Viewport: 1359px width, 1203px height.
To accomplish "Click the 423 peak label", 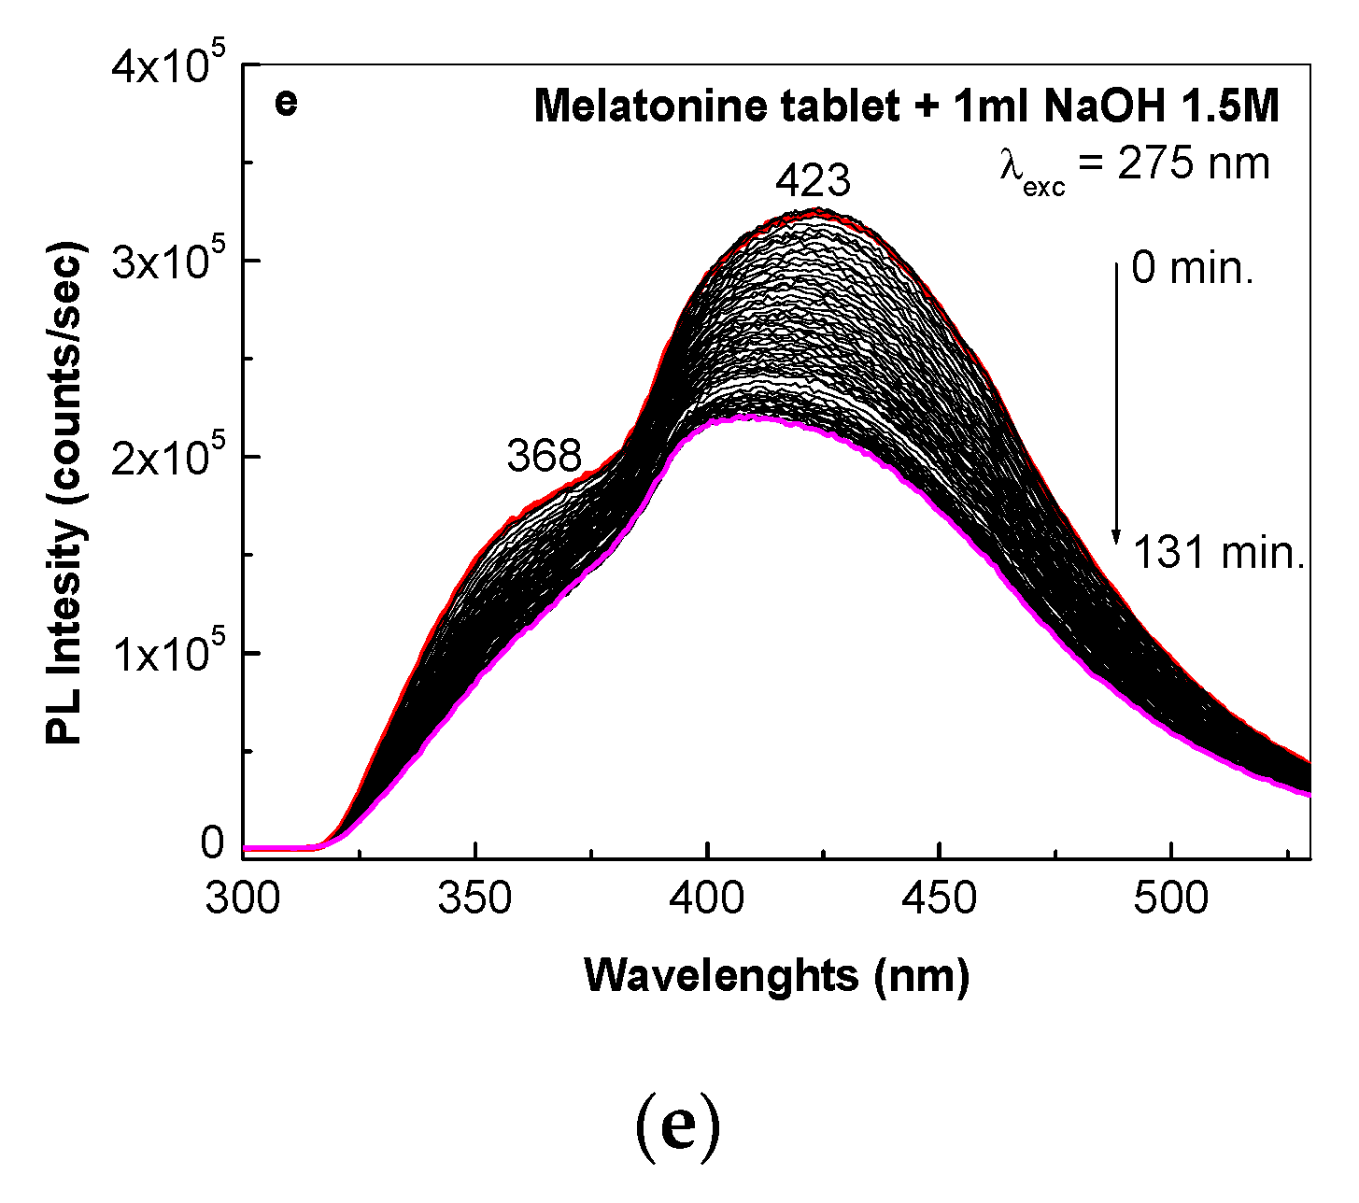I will [x=813, y=181].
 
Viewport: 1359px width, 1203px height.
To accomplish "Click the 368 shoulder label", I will [x=545, y=457].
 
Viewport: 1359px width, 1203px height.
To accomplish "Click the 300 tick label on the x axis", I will [x=243, y=899].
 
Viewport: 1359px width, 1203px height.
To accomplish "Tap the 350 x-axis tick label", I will [x=475, y=899].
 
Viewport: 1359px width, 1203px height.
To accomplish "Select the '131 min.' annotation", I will [x=1218, y=555].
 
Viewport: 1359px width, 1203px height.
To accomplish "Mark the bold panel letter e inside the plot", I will [x=286, y=102].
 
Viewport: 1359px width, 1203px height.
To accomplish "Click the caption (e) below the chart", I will [x=678, y=1130].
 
